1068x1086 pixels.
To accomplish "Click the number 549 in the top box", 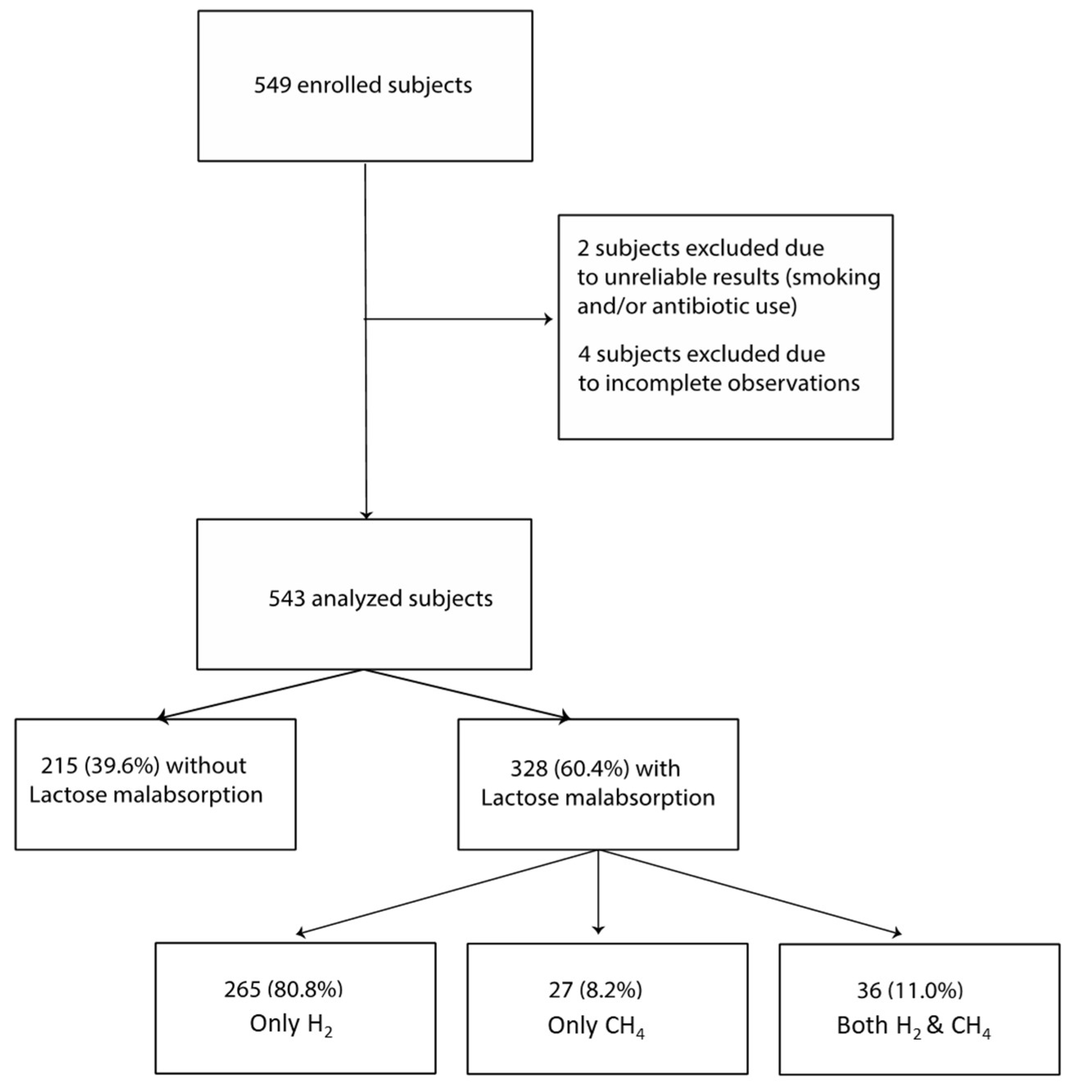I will (273, 85).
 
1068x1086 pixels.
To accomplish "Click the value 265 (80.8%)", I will (283, 989).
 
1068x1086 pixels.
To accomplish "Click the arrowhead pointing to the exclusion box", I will (549, 320).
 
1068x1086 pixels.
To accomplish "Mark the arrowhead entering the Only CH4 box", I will (598, 930).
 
